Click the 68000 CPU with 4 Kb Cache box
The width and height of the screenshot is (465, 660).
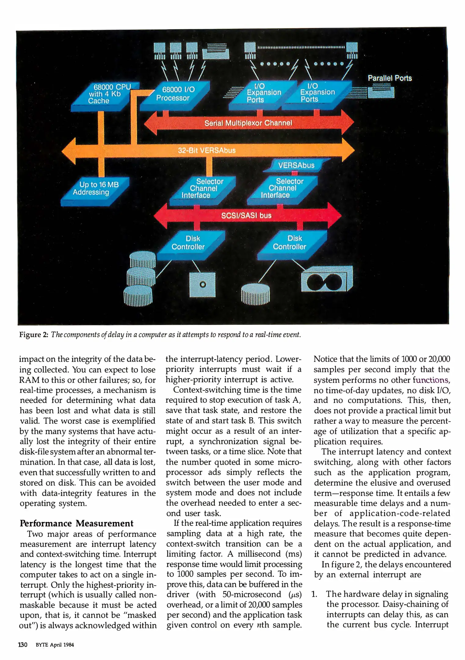click(104, 95)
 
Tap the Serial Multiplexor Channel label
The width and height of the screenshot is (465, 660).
click(248, 123)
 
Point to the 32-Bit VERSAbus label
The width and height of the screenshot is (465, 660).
click(207, 150)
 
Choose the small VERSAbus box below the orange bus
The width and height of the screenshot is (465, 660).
click(296, 165)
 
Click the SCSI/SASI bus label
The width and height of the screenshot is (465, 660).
click(246, 215)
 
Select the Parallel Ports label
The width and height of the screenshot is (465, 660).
click(390, 78)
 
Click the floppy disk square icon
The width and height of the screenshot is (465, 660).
click(202, 284)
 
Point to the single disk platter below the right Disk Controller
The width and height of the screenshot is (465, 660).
click(255, 293)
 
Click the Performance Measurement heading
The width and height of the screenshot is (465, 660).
click(77, 523)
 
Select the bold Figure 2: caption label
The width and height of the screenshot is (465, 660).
click(34, 335)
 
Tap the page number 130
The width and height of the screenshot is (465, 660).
click(23, 645)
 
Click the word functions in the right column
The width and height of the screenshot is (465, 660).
click(431, 380)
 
